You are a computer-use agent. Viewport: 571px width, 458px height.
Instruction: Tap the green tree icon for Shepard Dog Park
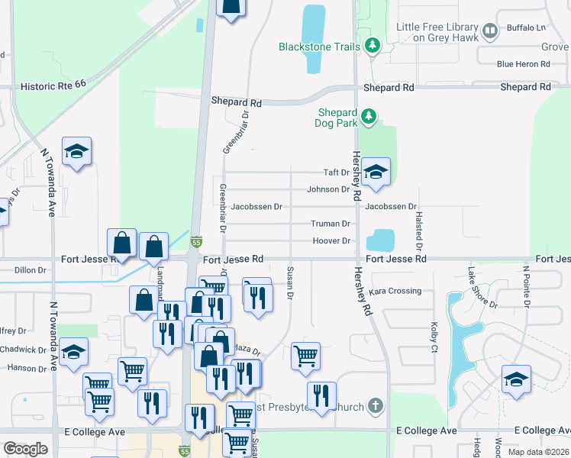point(369,117)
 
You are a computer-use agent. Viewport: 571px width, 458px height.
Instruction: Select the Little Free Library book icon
point(490,31)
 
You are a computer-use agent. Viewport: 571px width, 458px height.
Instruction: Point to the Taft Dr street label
point(336,173)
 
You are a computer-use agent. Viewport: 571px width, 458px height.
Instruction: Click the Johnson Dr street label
point(328,189)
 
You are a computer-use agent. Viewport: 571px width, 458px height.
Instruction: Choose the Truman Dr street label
point(330,224)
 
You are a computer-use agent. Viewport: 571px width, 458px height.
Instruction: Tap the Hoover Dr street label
point(331,241)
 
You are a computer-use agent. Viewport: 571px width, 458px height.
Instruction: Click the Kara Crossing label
point(395,291)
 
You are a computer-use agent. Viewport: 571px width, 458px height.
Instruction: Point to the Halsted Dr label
point(418,231)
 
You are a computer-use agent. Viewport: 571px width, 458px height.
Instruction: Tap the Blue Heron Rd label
point(524,64)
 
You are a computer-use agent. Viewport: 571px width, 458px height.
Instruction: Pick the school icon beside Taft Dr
point(376,173)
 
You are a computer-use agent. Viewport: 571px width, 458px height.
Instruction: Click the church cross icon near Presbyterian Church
point(374,405)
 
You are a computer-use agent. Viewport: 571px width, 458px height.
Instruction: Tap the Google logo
point(26,448)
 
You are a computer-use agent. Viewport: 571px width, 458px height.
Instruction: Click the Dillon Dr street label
point(31,269)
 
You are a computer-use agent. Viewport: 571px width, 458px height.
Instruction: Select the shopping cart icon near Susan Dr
point(305,356)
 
